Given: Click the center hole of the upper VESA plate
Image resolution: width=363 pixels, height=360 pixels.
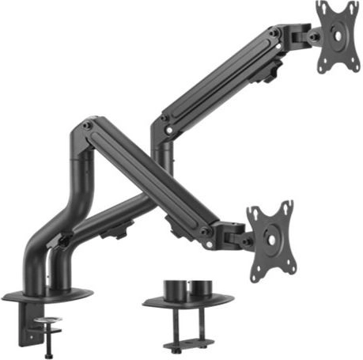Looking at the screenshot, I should (338, 36).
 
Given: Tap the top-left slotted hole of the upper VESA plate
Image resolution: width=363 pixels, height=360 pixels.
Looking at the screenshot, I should (323, 9).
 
